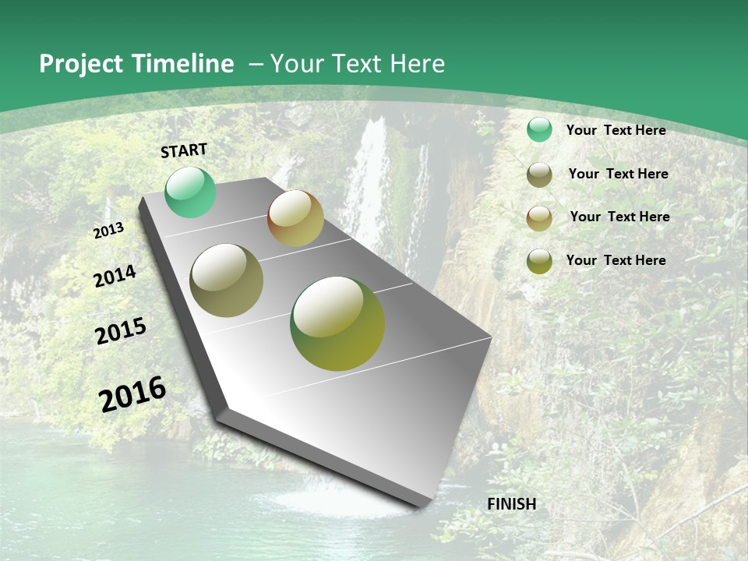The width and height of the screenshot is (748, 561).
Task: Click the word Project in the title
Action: [x=81, y=64]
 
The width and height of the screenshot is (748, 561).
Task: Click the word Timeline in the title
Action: [x=184, y=64]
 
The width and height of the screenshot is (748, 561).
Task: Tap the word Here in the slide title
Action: [x=417, y=64]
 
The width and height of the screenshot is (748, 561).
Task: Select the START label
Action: [x=184, y=150]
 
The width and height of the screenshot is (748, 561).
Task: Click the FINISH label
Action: [x=511, y=504]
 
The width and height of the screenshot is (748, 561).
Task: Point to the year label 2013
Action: [x=109, y=230]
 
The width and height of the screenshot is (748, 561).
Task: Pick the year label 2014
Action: [x=115, y=276]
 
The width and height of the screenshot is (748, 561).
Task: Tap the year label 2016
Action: [x=132, y=393]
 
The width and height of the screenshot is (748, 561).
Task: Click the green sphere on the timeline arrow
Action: [x=190, y=192]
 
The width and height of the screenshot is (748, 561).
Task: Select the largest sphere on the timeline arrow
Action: [x=337, y=323]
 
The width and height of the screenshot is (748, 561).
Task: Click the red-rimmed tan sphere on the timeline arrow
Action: [x=295, y=218]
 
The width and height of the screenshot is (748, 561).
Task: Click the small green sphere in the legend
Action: [x=539, y=130]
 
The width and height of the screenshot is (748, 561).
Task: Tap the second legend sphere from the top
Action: [x=539, y=175]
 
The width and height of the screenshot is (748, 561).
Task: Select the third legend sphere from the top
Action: [x=539, y=217]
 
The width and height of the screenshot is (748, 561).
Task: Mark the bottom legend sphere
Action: [x=539, y=261]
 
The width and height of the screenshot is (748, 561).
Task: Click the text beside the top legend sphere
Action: [x=616, y=130]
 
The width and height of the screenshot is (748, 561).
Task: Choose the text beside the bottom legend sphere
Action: [x=616, y=260]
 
